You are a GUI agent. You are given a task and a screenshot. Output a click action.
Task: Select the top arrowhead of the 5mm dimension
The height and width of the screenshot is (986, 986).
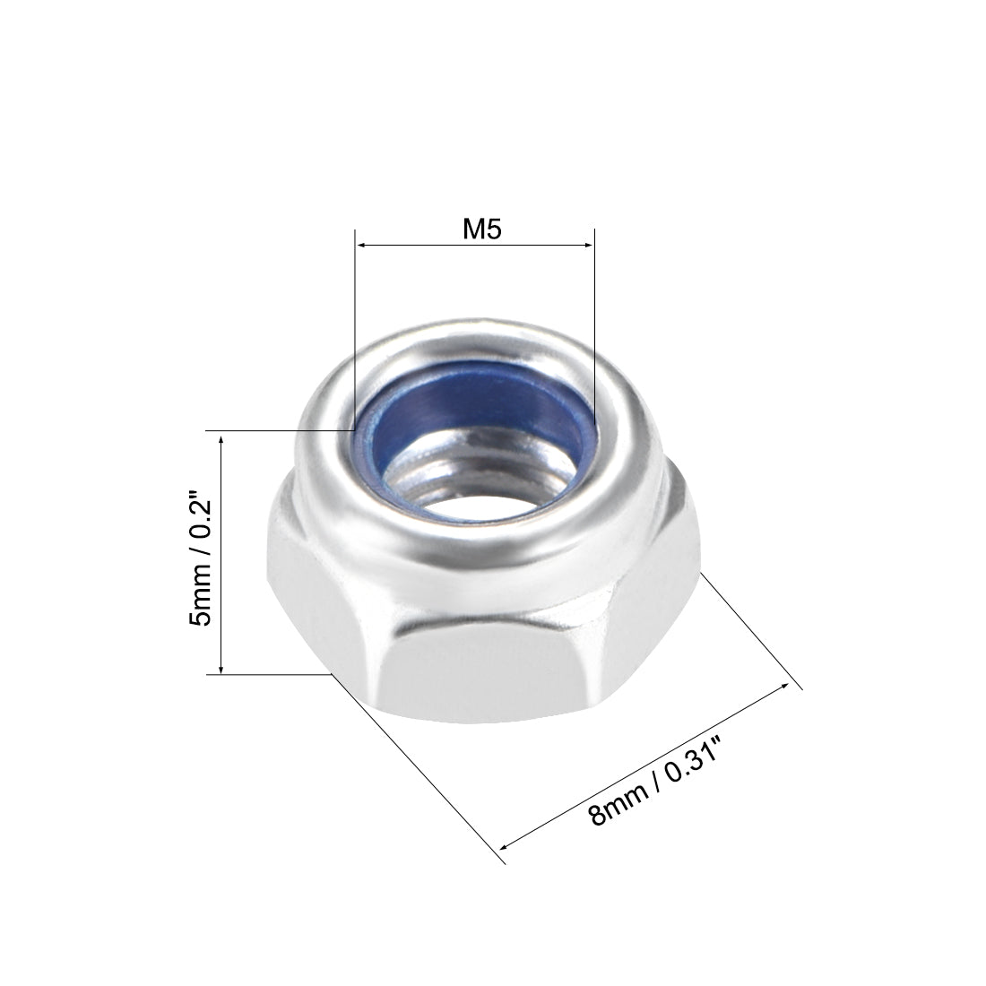click(221, 436)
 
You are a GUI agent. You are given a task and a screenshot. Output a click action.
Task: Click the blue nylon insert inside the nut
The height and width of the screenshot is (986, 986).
click(475, 418)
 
